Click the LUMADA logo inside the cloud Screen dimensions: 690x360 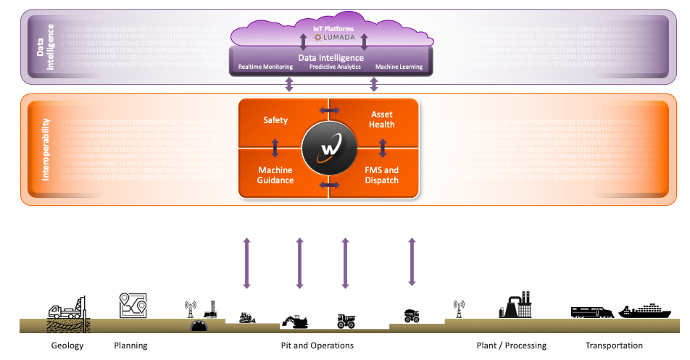click(x=333, y=38)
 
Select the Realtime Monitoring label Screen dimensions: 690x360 click(x=265, y=67)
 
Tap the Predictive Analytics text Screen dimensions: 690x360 click(x=335, y=67)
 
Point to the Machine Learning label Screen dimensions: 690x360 click(x=399, y=67)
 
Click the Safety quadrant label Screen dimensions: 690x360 click(x=275, y=120)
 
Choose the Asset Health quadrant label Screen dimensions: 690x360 click(x=381, y=120)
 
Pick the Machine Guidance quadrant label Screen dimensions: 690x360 click(x=275, y=175)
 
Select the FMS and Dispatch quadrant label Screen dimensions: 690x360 click(x=381, y=175)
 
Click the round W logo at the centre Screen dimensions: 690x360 click(x=330, y=148)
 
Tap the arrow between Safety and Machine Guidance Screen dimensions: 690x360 click(x=275, y=148)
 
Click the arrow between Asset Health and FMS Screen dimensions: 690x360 click(x=383, y=148)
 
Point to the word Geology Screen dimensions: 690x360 click(x=67, y=346)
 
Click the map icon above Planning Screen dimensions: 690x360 click(x=133, y=305)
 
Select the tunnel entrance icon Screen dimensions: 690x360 click(x=199, y=326)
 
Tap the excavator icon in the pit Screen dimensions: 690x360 click(x=295, y=322)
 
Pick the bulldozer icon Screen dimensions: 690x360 click(x=247, y=318)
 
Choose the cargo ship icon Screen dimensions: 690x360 click(x=644, y=310)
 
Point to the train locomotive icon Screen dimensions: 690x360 click(x=592, y=311)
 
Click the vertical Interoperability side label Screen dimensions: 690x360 click(x=46, y=149)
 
